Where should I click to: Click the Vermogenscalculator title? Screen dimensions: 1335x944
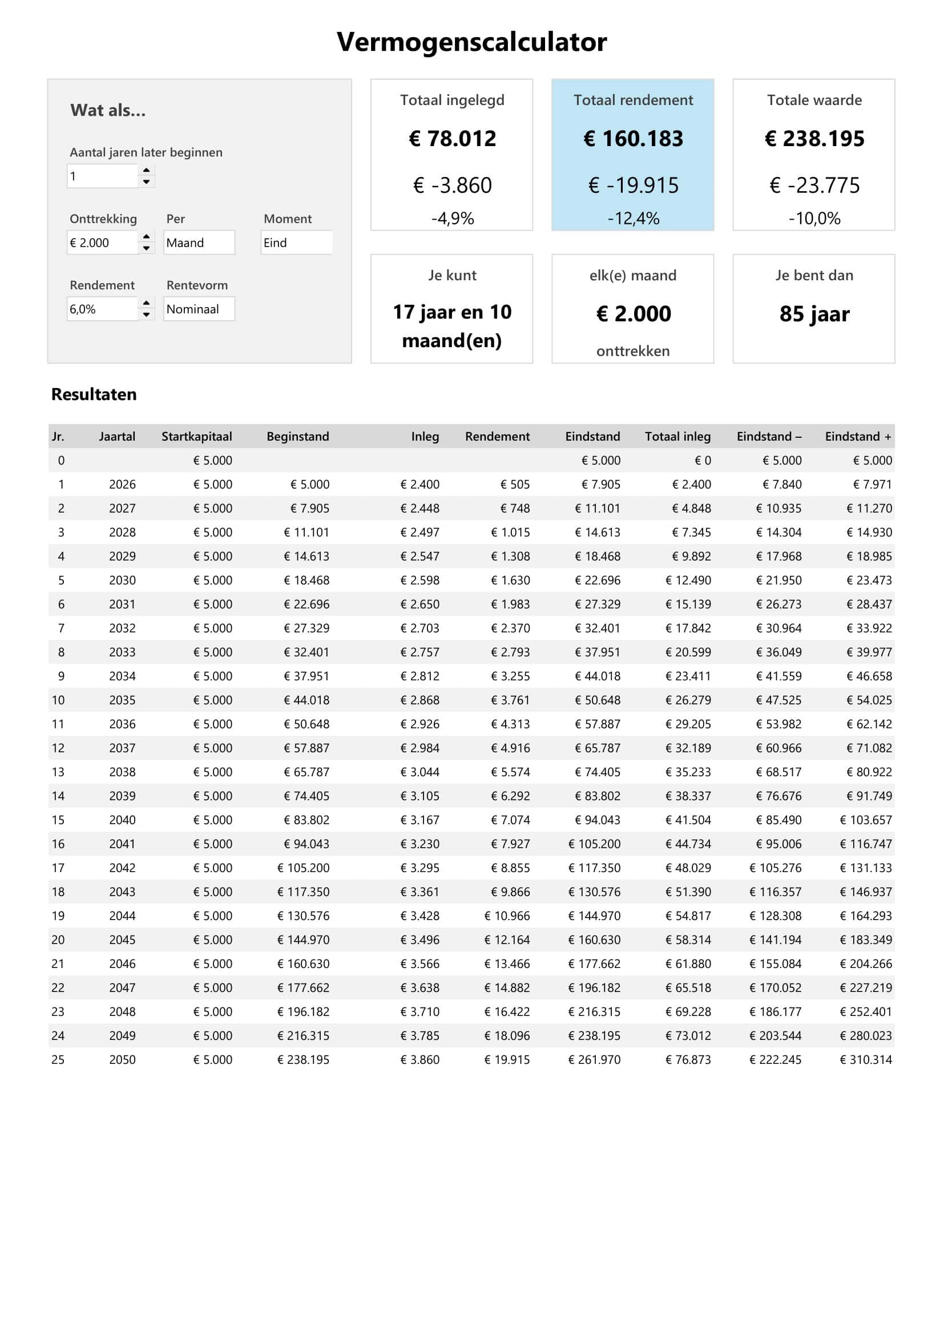pyautogui.click(x=471, y=42)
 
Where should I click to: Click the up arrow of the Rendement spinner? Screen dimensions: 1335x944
pyautogui.click(x=147, y=303)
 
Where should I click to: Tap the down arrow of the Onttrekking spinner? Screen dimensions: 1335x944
pyautogui.click(x=147, y=248)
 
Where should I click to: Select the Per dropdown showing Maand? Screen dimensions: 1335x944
pyautogui.click(x=199, y=243)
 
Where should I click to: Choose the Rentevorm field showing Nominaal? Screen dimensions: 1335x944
pyautogui.click(x=199, y=309)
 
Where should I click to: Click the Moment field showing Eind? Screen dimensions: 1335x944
pyautogui.click(x=296, y=243)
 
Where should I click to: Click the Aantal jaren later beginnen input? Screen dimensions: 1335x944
pyautogui.click(x=103, y=176)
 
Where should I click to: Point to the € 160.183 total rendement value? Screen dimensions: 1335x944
pyautogui.click(x=633, y=138)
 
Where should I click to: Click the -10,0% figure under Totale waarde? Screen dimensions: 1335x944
pyautogui.click(x=814, y=219)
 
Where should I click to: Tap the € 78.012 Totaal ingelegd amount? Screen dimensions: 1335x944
pyautogui.click(x=452, y=138)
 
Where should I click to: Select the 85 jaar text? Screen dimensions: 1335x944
pyautogui.click(x=814, y=314)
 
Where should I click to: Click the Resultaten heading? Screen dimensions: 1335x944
pyautogui.click(x=94, y=394)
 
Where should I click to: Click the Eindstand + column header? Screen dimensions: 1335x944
pyautogui.click(x=857, y=436)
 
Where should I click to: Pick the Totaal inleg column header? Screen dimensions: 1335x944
pyautogui.click(x=677, y=436)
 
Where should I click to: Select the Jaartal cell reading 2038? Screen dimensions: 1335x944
pyautogui.click(x=122, y=772)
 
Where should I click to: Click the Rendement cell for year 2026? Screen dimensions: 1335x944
pyautogui.click(x=515, y=485)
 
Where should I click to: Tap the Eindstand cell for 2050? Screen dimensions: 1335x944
pyautogui.click(x=594, y=1059)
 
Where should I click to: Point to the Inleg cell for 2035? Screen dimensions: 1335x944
pyautogui.click(x=419, y=700)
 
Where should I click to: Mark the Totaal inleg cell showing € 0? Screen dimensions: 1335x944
pyautogui.click(x=702, y=461)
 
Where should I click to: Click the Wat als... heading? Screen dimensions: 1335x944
pyautogui.click(x=108, y=111)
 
